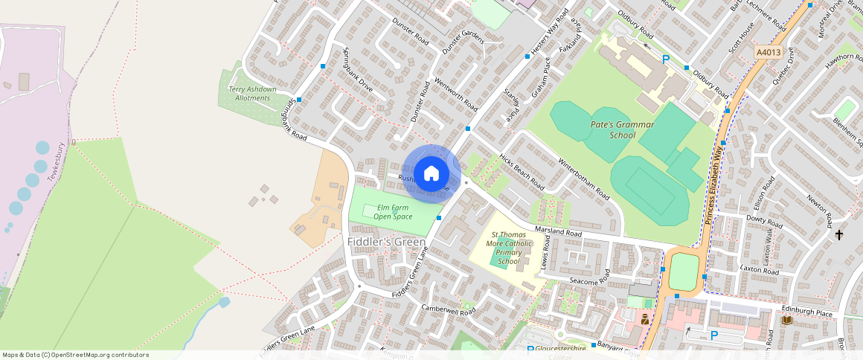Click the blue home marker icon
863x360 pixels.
[x=431, y=174]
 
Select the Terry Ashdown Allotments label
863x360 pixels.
[x=251, y=94]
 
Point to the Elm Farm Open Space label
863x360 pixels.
[x=393, y=211]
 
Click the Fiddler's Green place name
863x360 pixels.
[x=387, y=242]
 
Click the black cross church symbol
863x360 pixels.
[x=839, y=235]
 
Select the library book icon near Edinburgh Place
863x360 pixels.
[x=786, y=320]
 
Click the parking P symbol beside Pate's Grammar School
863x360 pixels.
[x=666, y=60]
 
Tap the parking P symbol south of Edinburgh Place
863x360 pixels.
[x=714, y=335]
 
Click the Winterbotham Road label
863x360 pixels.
[x=584, y=179]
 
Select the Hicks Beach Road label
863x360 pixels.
[x=522, y=173]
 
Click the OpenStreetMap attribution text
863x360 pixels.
[x=75, y=355]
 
